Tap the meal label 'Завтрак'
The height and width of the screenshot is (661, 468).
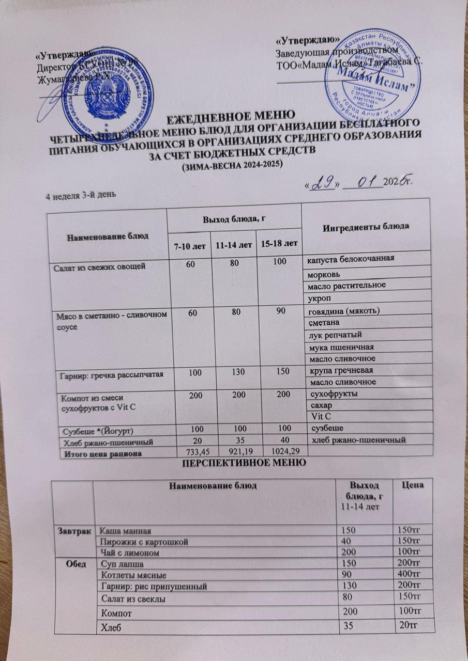click(x=79, y=530)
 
